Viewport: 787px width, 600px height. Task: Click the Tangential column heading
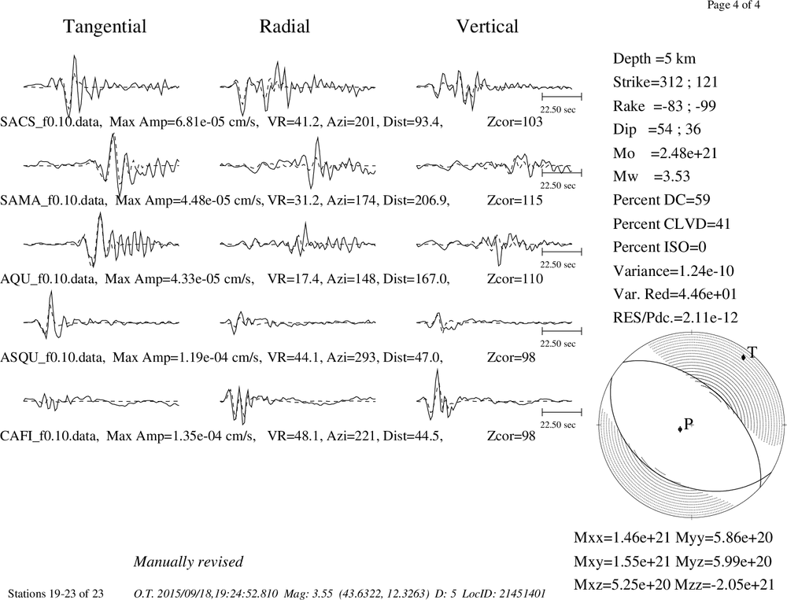point(105,27)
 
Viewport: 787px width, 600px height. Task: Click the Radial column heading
point(285,27)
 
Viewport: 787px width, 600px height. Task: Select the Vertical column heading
point(487,27)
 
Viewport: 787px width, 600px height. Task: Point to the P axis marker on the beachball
point(680,429)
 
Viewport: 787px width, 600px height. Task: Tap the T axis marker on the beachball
point(744,357)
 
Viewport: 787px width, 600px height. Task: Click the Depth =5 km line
point(655,59)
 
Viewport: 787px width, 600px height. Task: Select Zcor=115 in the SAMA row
point(515,201)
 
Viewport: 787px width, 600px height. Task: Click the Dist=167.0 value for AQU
point(416,279)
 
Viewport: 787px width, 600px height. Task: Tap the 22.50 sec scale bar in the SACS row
point(562,94)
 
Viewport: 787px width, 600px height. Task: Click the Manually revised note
point(188,561)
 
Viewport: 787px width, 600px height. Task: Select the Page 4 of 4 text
point(733,5)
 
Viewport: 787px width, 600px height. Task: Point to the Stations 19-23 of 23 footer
point(56,594)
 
